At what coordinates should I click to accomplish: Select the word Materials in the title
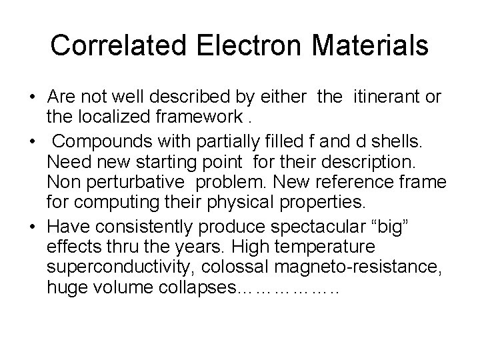pos(371,45)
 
